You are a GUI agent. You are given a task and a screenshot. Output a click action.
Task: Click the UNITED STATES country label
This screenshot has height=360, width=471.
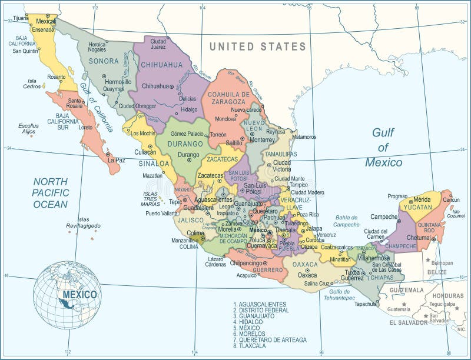(258, 46)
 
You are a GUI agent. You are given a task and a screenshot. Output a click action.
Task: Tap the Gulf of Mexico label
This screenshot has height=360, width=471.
(383, 148)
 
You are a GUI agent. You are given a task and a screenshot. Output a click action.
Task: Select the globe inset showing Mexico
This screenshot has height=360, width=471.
(67, 295)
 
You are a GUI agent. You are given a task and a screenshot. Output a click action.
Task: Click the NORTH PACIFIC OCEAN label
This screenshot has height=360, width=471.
(50, 193)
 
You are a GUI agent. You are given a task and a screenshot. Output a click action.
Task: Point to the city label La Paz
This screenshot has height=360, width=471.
(116, 159)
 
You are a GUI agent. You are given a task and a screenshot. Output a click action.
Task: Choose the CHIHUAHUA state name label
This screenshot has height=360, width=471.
(162, 64)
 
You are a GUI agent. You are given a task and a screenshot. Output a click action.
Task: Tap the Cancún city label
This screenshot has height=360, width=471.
(451, 200)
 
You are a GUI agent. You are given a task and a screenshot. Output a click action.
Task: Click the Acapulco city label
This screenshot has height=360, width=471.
(247, 275)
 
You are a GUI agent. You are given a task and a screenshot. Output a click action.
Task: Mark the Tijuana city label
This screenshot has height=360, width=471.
(21, 18)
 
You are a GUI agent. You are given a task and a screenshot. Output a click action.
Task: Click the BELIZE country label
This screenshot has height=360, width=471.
(437, 272)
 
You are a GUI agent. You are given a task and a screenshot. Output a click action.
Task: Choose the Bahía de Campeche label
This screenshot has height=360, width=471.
(347, 221)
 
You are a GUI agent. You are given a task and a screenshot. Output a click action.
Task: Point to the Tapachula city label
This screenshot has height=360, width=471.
(365, 304)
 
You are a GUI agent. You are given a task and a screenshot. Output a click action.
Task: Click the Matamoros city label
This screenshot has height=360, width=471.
(304, 137)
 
